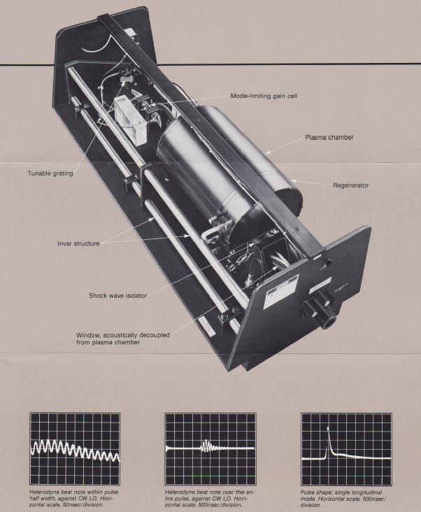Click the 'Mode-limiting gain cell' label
coord(264,96)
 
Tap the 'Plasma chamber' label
coord(329,138)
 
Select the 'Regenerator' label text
coord(351,185)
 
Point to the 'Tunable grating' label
coord(50,173)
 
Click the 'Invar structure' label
coord(78,243)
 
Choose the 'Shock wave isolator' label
coord(117,296)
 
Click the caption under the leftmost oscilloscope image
coord(73,498)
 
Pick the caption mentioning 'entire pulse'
coord(209,498)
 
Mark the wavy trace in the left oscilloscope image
coord(75,449)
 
